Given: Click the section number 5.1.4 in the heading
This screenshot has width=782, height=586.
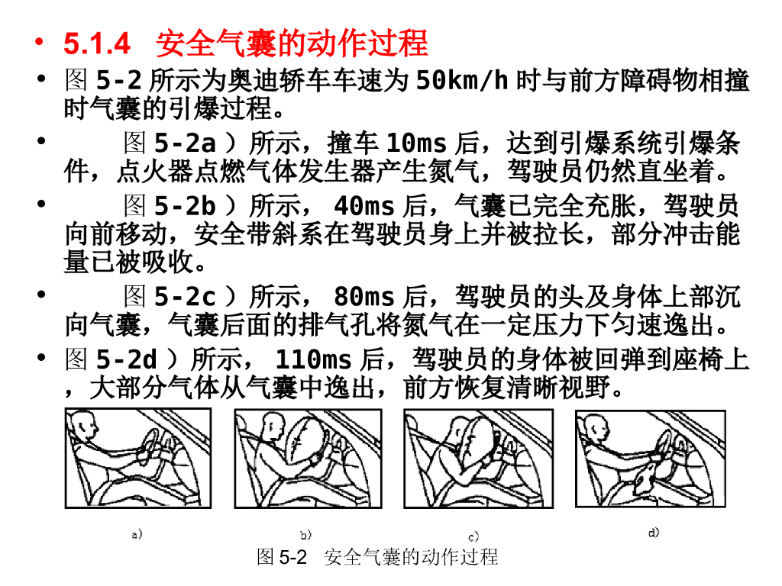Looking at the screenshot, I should pyautogui.click(x=98, y=44).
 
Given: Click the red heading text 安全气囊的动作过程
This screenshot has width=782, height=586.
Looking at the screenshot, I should pyautogui.click(x=292, y=44).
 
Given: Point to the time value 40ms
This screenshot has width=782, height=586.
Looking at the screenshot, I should pyautogui.click(x=364, y=207).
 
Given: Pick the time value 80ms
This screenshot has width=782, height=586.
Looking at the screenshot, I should pyautogui.click(x=364, y=297).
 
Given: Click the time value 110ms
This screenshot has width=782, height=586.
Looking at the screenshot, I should pyautogui.click(x=313, y=359).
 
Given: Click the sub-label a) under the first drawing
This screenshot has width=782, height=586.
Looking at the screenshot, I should pyautogui.click(x=137, y=535).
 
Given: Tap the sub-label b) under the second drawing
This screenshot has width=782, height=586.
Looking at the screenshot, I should pyautogui.click(x=305, y=536).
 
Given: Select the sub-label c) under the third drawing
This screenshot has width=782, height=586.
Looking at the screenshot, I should pyautogui.click(x=473, y=536).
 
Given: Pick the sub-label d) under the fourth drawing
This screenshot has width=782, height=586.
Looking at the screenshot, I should pyautogui.click(x=654, y=533).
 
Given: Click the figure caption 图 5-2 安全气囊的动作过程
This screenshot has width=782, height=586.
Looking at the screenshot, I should pyautogui.click(x=377, y=557).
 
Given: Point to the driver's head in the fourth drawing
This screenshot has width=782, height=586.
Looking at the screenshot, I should pyautogui.click(x=596, y=429).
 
